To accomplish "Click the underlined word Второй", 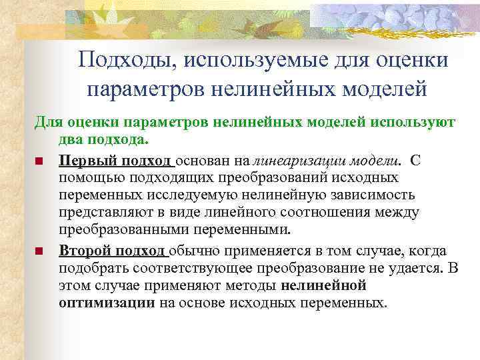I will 85,251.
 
